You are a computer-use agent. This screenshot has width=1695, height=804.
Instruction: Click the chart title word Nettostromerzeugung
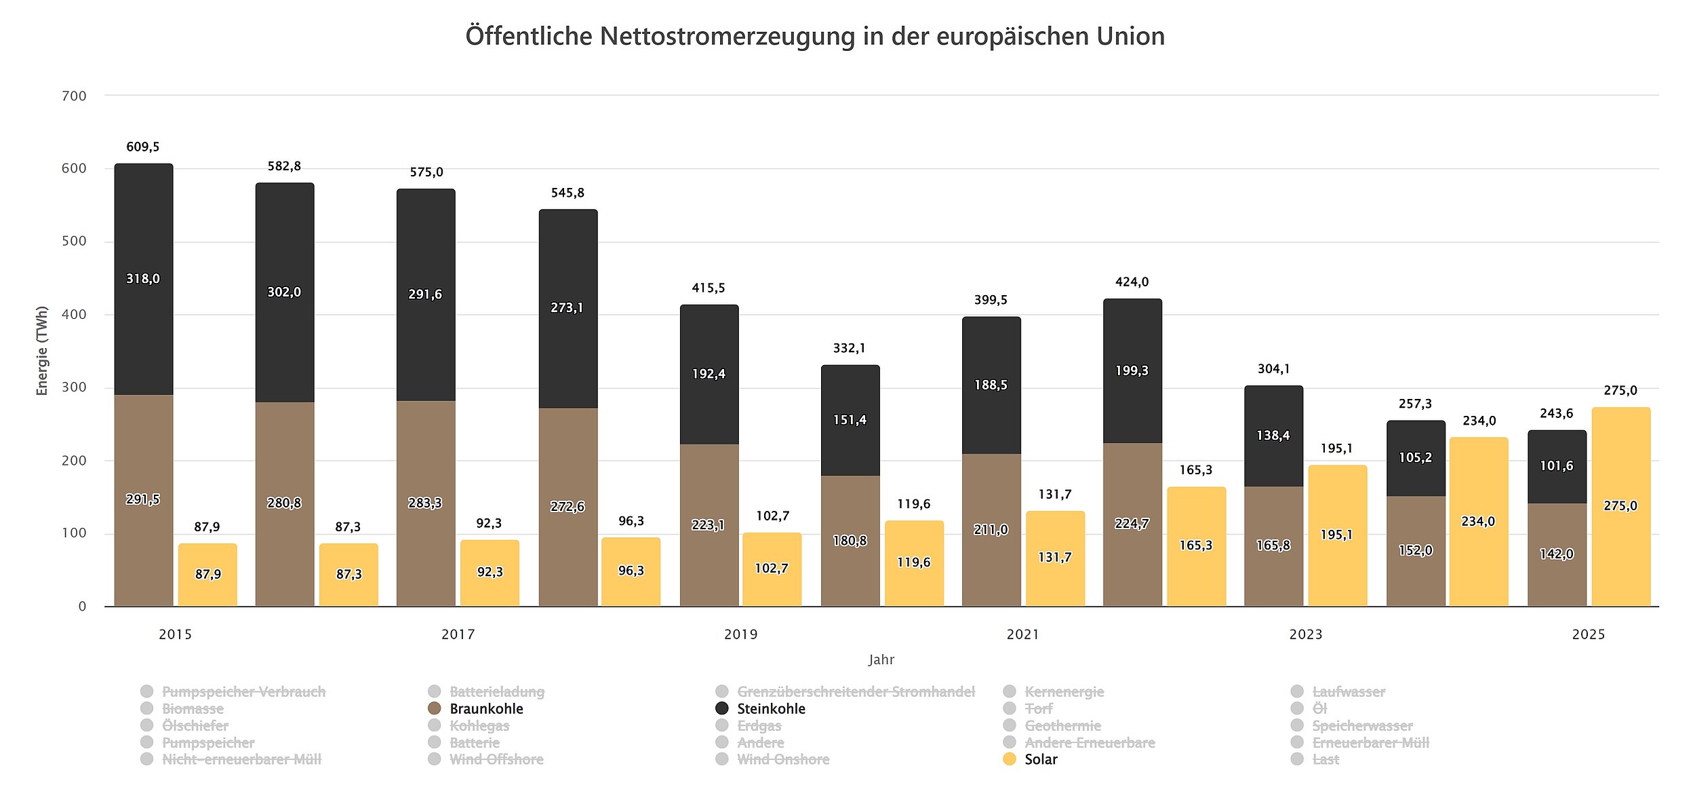click(x=727, y=36)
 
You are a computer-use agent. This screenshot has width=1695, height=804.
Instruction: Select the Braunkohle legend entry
click(x=485, y=708)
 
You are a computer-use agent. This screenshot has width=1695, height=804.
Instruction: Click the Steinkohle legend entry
click(x=770, y=708)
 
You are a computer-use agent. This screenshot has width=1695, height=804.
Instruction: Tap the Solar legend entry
click(x=1040, y=759)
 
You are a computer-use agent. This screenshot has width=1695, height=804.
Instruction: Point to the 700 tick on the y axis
click(x=74, y=96)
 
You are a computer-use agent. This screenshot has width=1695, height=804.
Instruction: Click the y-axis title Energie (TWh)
click(x=42, y=351)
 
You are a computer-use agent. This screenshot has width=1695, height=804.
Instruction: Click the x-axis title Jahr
click(x=881, y=659)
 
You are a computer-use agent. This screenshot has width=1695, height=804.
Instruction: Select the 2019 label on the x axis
click(x=740, y=634)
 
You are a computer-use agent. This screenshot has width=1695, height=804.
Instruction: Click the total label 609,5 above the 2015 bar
click(x=143, y=147)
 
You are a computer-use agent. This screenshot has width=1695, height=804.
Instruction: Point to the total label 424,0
click(x=1132, y=282)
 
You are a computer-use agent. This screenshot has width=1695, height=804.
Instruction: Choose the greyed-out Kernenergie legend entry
click(x=1063, y=691)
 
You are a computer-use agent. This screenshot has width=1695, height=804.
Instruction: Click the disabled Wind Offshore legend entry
click(x=496, y=759)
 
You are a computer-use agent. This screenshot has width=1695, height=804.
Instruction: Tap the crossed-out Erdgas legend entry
click(x=759, y=725)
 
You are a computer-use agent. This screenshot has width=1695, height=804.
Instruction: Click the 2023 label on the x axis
click(x=1305, y=634)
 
